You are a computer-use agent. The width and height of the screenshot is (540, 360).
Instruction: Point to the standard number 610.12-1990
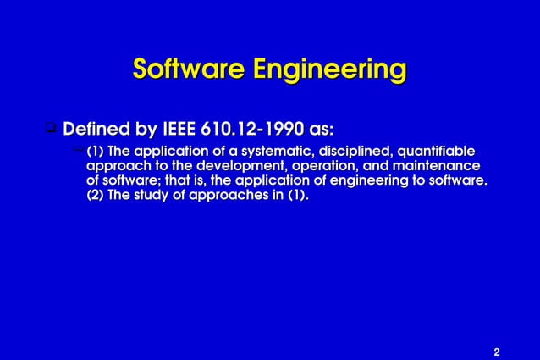coord(254,130)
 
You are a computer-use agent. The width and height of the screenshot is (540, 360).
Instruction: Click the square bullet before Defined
coord(50,130)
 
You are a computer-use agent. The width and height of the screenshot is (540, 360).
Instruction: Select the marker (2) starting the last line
coord(96,196)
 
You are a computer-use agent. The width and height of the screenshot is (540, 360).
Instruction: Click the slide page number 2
coord(497,351)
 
